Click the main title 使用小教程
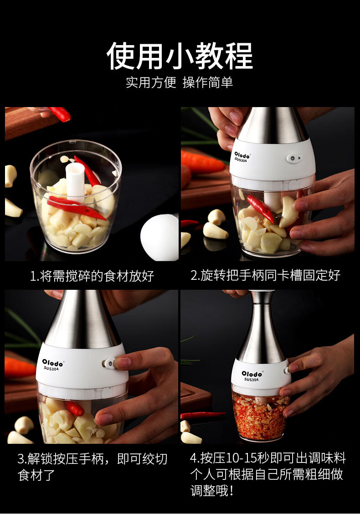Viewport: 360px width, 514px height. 180,56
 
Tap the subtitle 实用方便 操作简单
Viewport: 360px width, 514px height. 180,82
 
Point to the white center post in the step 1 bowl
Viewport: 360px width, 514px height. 75,182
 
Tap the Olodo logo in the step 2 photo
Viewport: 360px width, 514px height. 242,155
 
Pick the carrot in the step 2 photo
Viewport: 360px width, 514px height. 203,163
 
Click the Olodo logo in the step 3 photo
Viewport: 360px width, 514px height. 52,363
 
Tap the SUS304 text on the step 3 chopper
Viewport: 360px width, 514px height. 51,369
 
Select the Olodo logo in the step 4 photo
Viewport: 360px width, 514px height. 252,374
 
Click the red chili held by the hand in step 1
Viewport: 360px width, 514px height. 60,114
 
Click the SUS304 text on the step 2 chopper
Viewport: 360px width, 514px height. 241,160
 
